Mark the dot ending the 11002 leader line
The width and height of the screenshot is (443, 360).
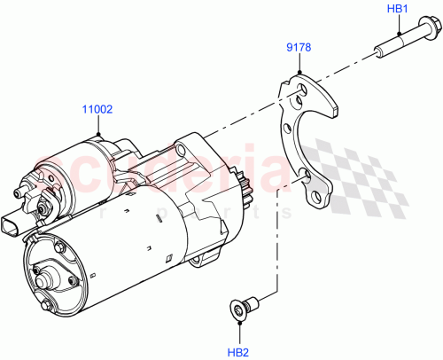[98, 134]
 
